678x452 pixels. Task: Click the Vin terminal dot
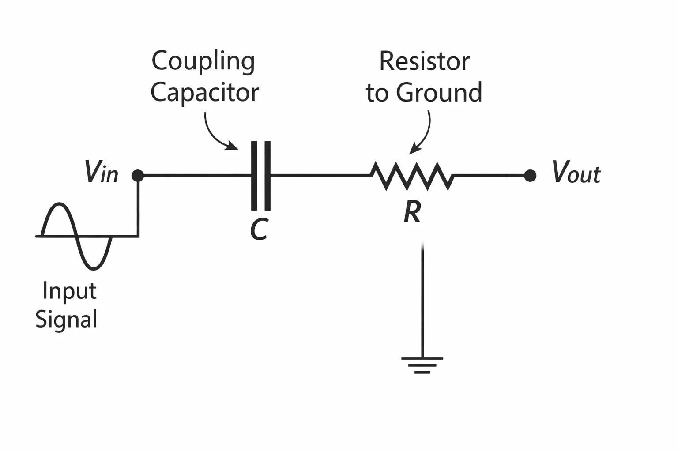[138, 176]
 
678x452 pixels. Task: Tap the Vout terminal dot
[530, 176]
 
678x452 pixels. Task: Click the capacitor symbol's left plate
[254, 176]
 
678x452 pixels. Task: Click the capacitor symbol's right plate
[267, 176]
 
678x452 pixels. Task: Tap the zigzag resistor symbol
[412, 176]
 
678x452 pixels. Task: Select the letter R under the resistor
[413, 211]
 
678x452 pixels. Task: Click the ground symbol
[422, 365]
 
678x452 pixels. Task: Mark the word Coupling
[203, 62]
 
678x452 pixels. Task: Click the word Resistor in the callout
[424, 61]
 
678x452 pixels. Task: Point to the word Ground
[439, 92]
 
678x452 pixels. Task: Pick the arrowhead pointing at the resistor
[414, 149]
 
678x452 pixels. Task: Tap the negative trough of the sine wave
[94, 268]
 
